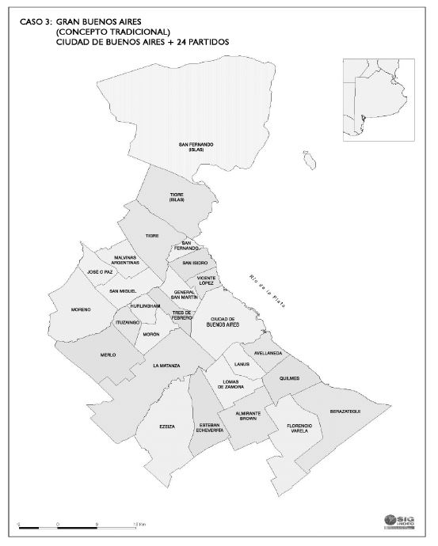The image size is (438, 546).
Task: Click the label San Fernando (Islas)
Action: pos(196,146)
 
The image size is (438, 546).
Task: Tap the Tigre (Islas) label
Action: pos(177,197)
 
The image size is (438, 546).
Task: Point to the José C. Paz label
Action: pos(101,272)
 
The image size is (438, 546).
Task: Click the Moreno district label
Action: pos(81,309)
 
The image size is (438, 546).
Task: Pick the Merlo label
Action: pos(108,355)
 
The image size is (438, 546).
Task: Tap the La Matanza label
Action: pos(167,366)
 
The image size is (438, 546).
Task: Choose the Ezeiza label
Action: pos(166,427)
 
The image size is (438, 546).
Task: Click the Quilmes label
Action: pos(290,378)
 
